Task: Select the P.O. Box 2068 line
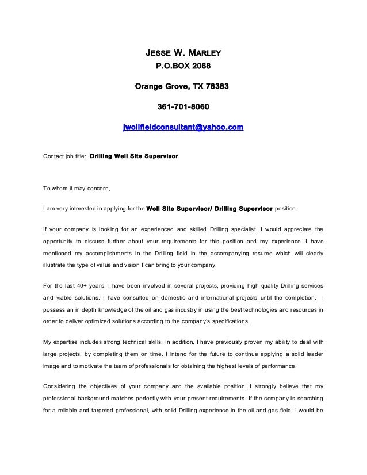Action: pos(183,67)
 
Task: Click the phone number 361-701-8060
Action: pos(183,107)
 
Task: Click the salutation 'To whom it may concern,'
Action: pos(77,187)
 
